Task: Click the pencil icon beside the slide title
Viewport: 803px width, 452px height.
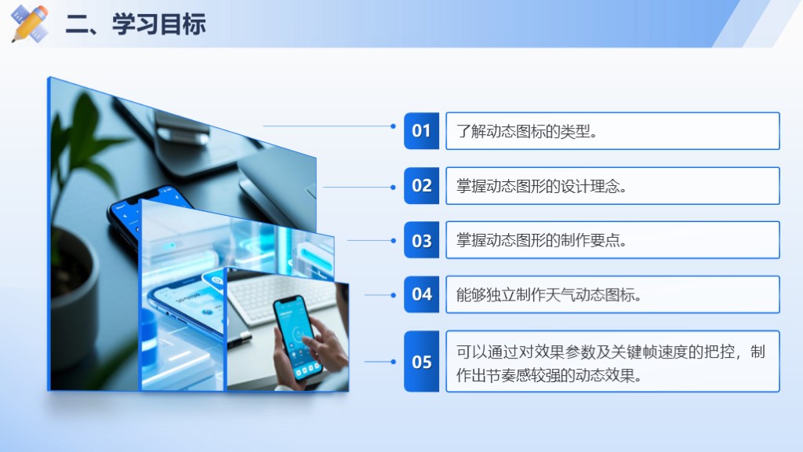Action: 30,23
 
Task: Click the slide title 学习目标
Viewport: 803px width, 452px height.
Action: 159,24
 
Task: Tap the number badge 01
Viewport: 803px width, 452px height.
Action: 421,131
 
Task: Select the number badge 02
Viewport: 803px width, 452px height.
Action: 421,185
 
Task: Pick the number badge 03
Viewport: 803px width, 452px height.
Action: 421,240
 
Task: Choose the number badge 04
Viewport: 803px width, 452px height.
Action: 421,295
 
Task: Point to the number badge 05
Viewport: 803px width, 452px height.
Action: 421,362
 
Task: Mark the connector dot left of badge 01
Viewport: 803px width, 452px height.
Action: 394,126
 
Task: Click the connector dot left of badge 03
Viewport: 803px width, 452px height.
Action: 394,240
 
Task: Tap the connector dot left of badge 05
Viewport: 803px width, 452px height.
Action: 394,362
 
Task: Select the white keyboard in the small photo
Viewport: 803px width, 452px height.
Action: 282,297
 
